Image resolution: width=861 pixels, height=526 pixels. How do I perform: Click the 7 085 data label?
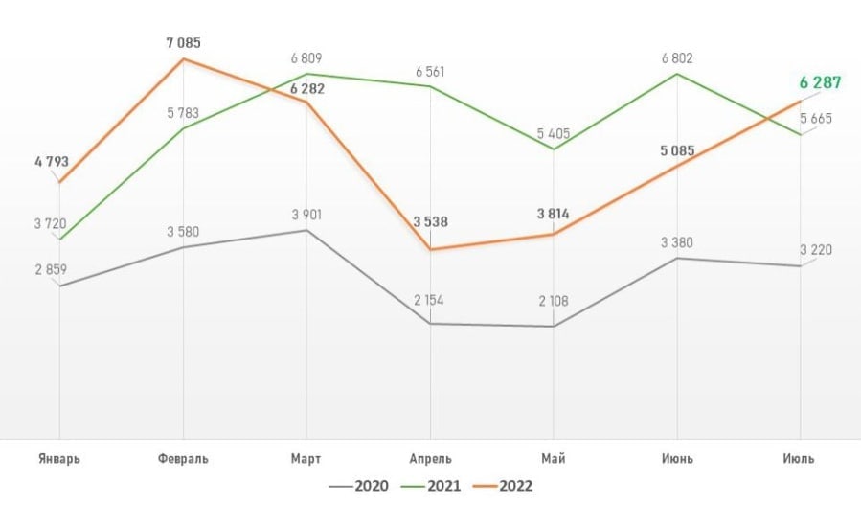click(x=182, y=43)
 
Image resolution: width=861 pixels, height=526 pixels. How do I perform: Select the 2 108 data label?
click(x=554, y=301)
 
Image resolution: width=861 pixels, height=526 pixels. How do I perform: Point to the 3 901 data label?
click(x=306, y=215)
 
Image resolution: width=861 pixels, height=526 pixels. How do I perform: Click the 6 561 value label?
click(x=429, y=72)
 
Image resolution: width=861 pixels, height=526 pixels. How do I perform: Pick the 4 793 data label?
click(x=51, y=161)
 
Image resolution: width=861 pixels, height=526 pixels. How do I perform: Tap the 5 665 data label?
click(x=815, y=119)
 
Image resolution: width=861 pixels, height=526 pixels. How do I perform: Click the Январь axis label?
click(x=58, y=459)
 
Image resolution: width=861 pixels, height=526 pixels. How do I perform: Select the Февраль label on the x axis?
click(x=182, y=459)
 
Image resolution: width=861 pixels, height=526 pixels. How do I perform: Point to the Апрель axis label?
click(x=430, y=459)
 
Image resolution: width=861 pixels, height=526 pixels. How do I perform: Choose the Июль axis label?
click(x=798, y=459)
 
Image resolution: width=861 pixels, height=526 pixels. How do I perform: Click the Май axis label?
click(x=554, y=459)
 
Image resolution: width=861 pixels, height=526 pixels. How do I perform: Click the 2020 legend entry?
click(x=358, y=487)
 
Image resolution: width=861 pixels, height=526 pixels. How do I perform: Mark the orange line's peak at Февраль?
click(x=182, y=59)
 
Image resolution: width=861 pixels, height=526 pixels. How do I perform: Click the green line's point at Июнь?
click(x=678, y=74)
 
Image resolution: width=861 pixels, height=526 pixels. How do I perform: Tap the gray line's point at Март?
click(x=306, y=231)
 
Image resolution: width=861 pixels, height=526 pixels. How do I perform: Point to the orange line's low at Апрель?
click(x=430, y=250)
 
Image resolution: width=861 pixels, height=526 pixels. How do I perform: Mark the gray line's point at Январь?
click(x=59, y=286)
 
